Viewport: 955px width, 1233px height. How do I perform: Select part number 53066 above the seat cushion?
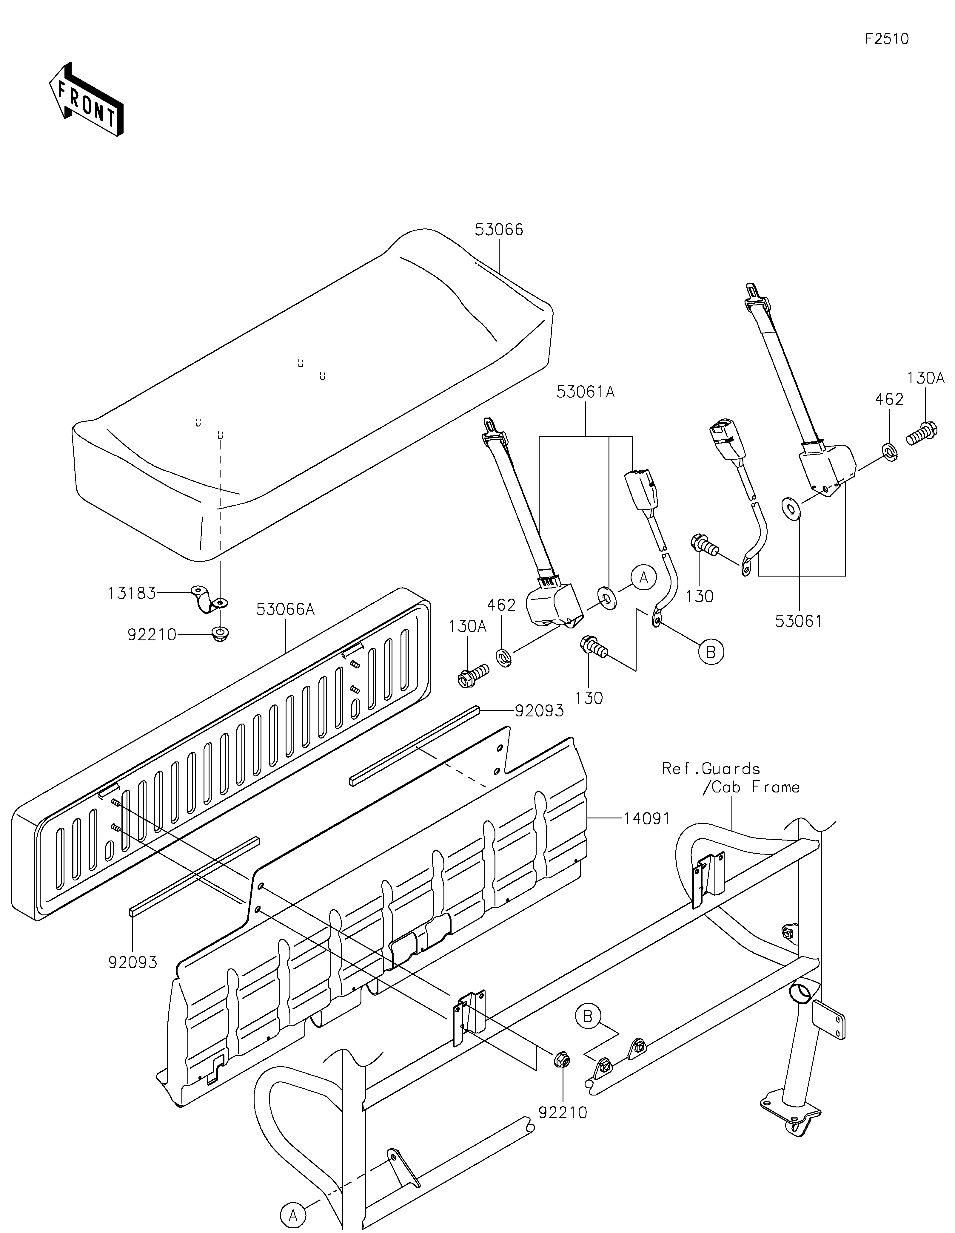499,230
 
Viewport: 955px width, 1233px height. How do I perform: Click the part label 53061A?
585,392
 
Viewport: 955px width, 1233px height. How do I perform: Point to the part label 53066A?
285,609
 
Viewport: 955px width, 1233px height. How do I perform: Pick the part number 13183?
132,593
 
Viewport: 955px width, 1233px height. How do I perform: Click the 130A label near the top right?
926,378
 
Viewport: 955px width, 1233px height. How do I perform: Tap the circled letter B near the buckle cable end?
711,652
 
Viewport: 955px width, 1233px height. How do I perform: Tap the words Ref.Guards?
711,769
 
